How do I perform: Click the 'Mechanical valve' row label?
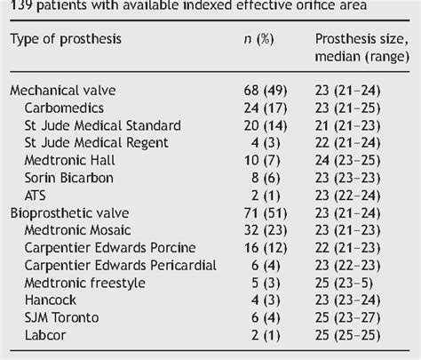pyautogui.click(x=61, y=91)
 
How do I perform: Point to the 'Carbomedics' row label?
pyautogui.click(x=65, y=108)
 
